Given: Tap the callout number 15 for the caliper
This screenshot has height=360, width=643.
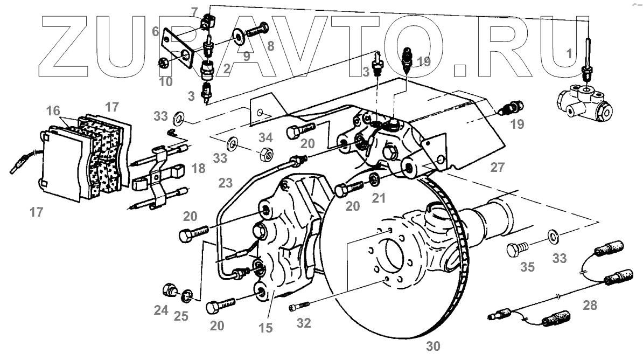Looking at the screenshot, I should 265,327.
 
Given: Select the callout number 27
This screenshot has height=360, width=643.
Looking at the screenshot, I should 498,168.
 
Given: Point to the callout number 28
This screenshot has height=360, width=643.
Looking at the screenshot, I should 590,306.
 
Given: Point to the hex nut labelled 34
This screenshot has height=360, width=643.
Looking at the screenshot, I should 265,154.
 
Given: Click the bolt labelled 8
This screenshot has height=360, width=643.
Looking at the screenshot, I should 257,30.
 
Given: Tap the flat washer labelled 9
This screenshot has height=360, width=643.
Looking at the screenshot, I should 237,37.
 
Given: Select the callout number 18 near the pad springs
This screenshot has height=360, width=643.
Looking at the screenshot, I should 198,169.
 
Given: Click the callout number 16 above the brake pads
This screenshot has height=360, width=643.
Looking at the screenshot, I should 53,111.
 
